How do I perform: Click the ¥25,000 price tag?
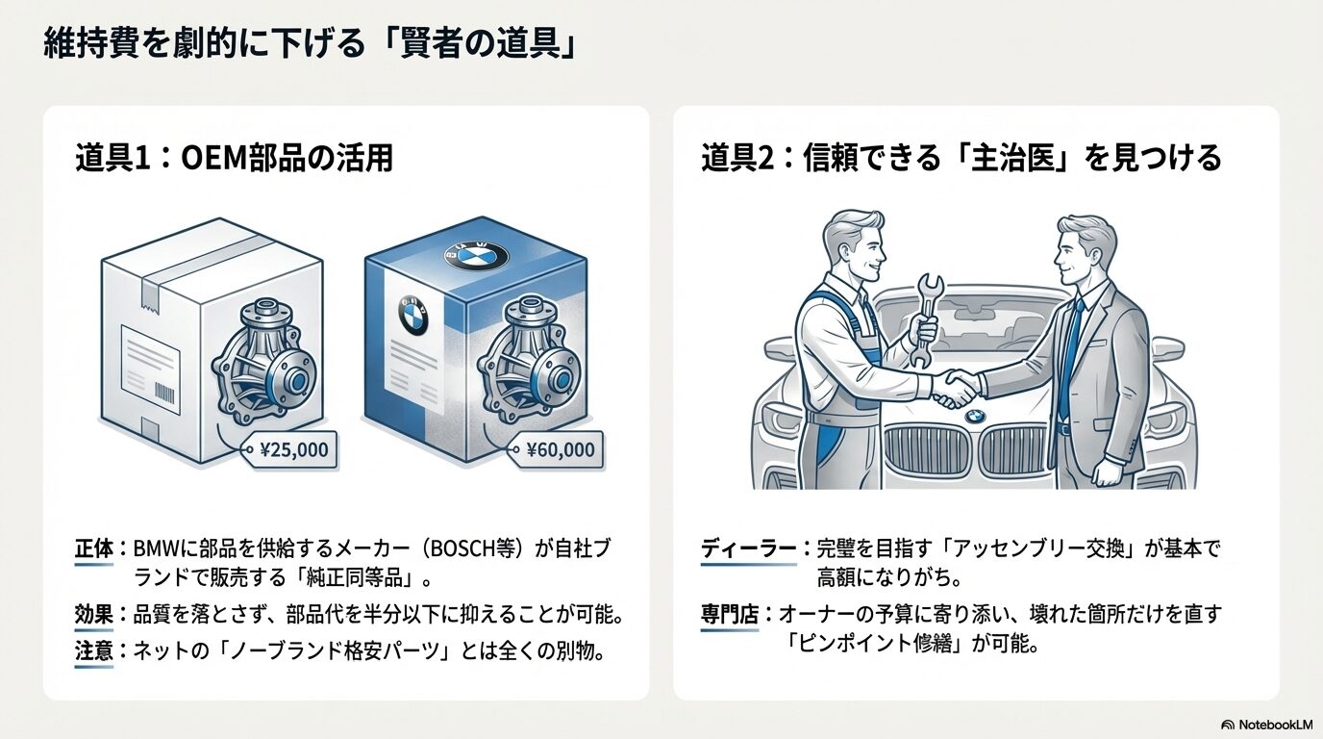pyautogui.click(x=293, y=448)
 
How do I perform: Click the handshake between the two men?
pyautogui.click(x=957, y=388)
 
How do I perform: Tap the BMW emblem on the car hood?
pyautogui.click(x=975, y=417)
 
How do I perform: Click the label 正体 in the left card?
pyautogui.click(x=93, y=549)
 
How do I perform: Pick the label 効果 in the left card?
pyautogui.click(x=93, y=615)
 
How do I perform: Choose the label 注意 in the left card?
pyautogui.click(x=93, y=651)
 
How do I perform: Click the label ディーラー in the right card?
pyautogui.click(x=747, y=549)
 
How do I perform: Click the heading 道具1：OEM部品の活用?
pyautogui.click(x=235, y=157)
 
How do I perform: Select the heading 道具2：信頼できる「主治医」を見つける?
pyautogui.click(x=961, y=157)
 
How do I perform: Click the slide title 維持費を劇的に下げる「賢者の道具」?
pyautogui.click(x=309, y=44)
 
